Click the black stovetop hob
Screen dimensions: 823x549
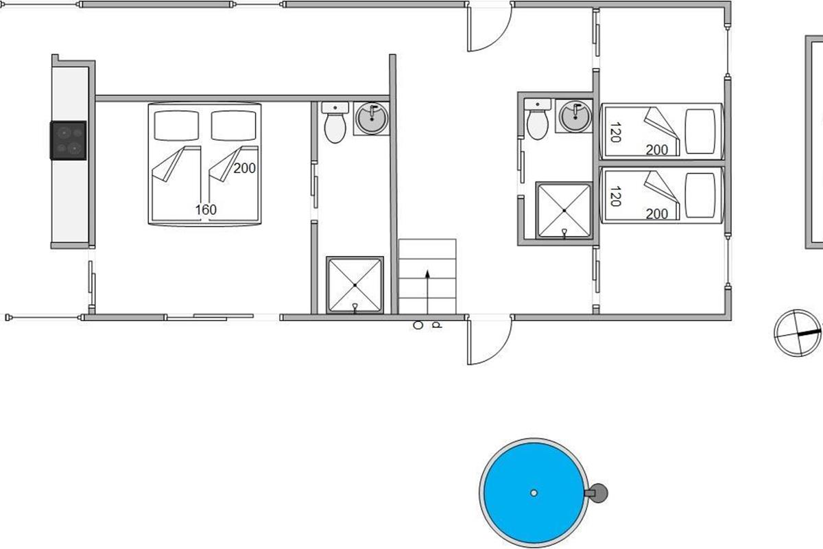69,141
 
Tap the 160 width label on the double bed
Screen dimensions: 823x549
206,210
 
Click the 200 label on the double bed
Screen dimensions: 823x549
244,168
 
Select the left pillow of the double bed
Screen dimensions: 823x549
176,126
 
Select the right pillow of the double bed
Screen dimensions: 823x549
234,126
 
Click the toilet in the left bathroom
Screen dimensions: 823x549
335,123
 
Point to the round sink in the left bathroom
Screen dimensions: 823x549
372,119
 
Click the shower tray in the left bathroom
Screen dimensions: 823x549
355,285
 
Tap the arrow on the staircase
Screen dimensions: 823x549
427,292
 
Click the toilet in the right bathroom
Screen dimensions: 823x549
538,119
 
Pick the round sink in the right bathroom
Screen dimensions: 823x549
575,116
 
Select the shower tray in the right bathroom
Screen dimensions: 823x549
564,210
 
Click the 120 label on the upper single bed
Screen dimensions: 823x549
615,132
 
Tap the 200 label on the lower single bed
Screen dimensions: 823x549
657,214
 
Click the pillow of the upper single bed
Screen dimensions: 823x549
700,131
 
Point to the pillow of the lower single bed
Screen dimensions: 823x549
700,196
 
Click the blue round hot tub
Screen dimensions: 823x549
534,493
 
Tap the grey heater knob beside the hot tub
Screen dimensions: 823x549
599,493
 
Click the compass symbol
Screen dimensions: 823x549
798,333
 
